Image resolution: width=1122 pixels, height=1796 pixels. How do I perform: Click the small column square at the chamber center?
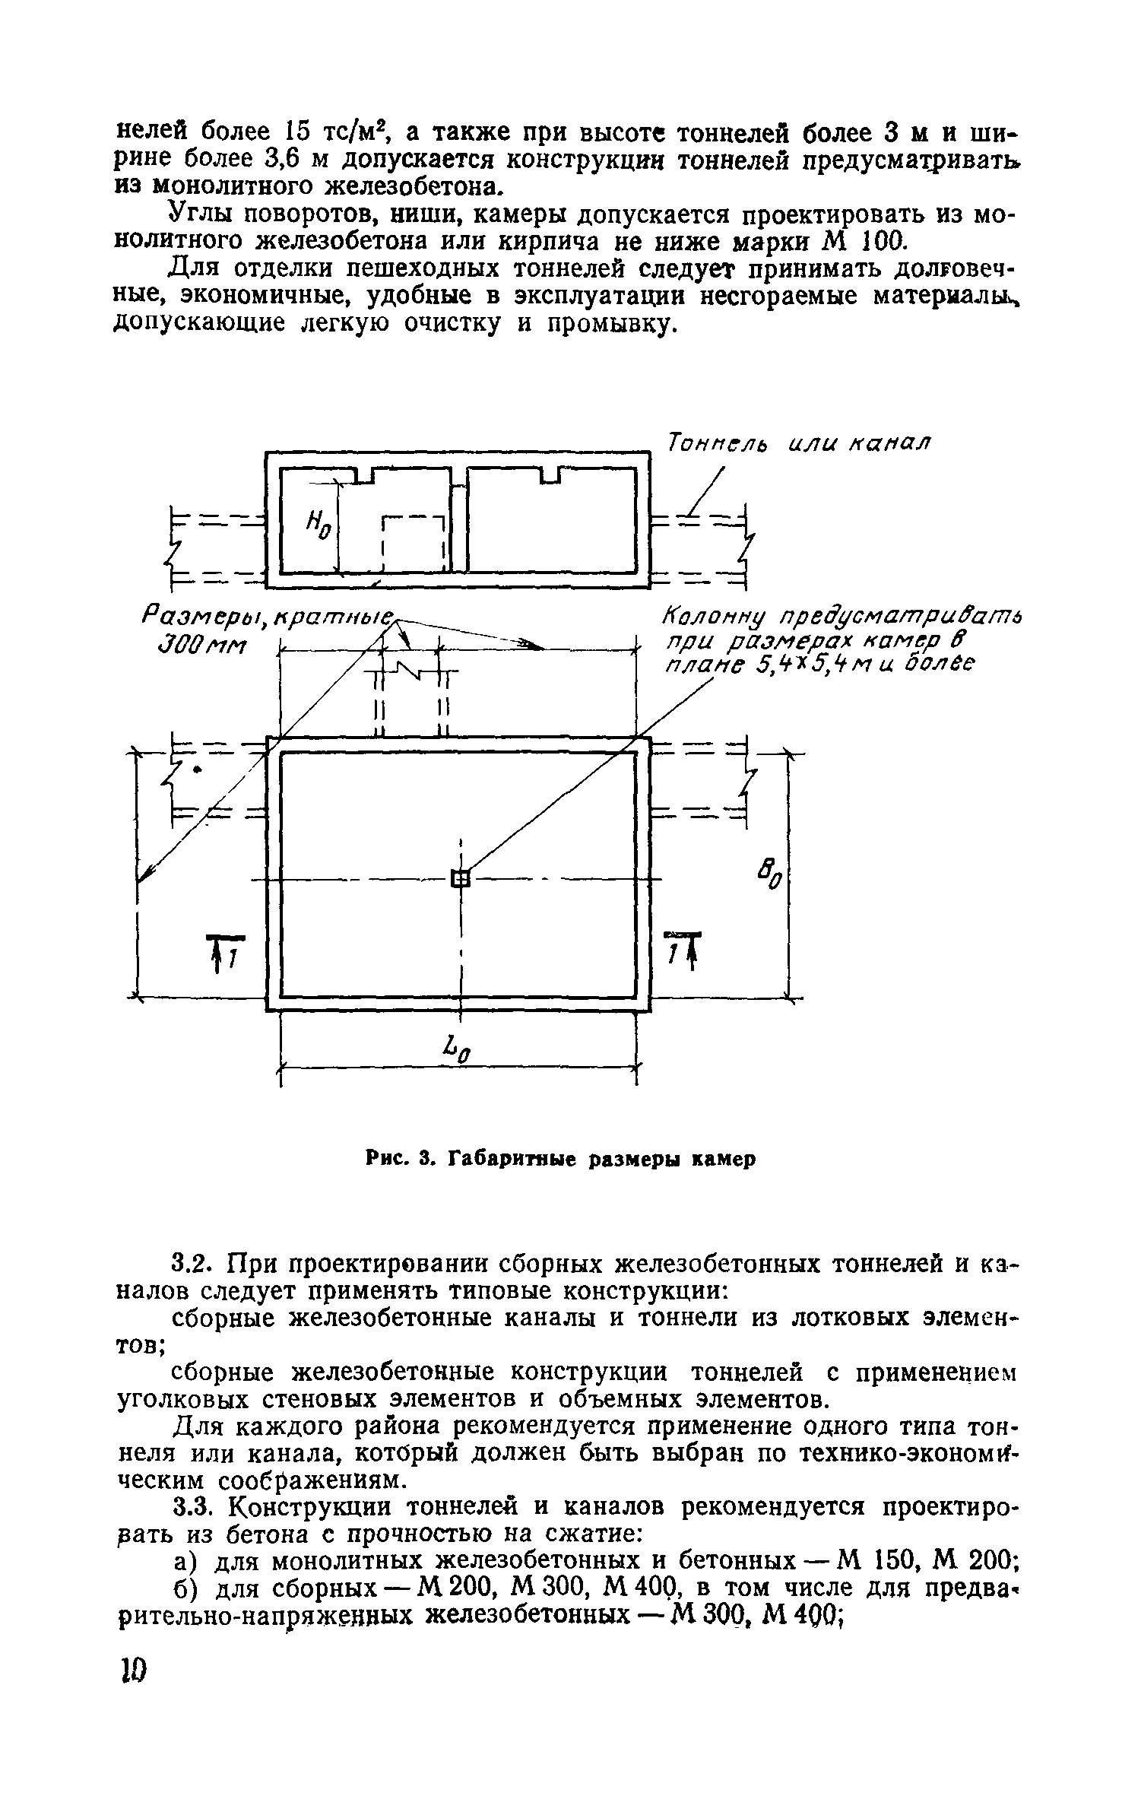461,879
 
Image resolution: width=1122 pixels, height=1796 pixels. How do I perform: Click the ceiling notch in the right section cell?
553,476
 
